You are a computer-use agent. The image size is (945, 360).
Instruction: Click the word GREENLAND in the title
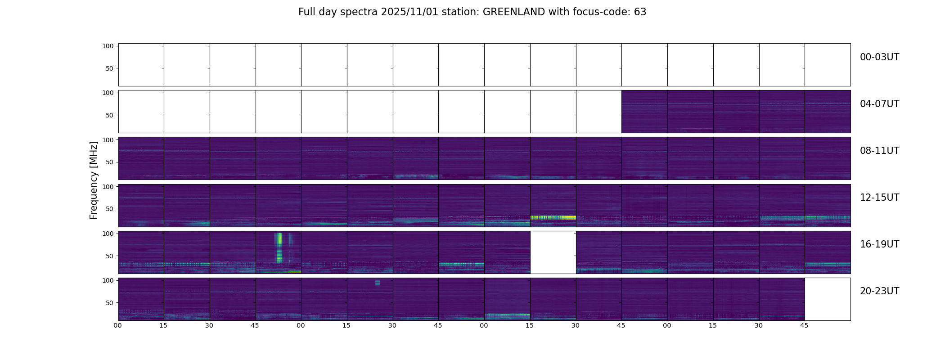[x=513, y=12]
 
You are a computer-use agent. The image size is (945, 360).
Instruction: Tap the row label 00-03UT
[x=879, y=57]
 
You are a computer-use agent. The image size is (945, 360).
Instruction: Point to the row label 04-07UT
[x=879, y=104]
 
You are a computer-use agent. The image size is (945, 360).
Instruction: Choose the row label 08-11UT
[x=879, y=151]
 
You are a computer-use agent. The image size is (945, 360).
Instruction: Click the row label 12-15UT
[x=879, y=198]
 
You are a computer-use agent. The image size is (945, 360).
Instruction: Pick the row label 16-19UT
[x=879, y=244]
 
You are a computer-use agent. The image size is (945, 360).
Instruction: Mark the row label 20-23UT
[x=879, y=291]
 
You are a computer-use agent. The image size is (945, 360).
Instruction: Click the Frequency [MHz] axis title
[x=94, y=180]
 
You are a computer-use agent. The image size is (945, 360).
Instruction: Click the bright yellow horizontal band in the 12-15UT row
[x=553, y=217]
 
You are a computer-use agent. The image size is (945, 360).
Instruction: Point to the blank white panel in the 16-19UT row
[x=553, y=252]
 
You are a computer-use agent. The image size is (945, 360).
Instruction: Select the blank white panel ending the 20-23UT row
[x=827, y=299]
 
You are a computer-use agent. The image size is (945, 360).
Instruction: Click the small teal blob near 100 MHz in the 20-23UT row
[x=377, y=283]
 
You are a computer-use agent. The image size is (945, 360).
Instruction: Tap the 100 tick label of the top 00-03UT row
[x=108, y=46]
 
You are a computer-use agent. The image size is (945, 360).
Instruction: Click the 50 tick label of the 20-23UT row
[x=109, y=303]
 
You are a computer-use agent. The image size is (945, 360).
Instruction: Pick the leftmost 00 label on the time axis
[x=118, y=325]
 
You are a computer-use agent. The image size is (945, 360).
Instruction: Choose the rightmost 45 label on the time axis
[x=804, y=325]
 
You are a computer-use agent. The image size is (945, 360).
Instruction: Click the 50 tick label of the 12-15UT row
[x=109, y=209]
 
